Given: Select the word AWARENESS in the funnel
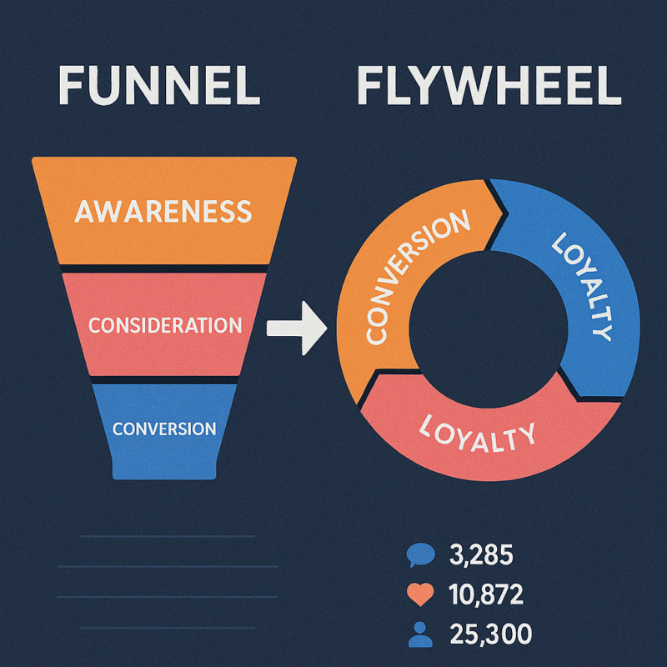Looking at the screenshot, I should [163, 211].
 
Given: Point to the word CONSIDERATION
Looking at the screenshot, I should [164, 324].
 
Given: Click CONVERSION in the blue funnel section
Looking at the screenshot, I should [164, 429].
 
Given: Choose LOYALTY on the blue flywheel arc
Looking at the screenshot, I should [582, 283].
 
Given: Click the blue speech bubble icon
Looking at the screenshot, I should [421, 554].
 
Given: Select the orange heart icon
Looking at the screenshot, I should [421, 594].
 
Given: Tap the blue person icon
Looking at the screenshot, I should [421, 635].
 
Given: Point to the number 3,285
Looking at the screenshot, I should [480, 554].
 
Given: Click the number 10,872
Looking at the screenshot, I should [486, 594].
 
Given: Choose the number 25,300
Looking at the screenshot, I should [489, 635].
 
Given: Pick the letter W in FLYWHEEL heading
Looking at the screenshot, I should [476, 86].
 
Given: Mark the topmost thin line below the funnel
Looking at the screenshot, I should [167, 536].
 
